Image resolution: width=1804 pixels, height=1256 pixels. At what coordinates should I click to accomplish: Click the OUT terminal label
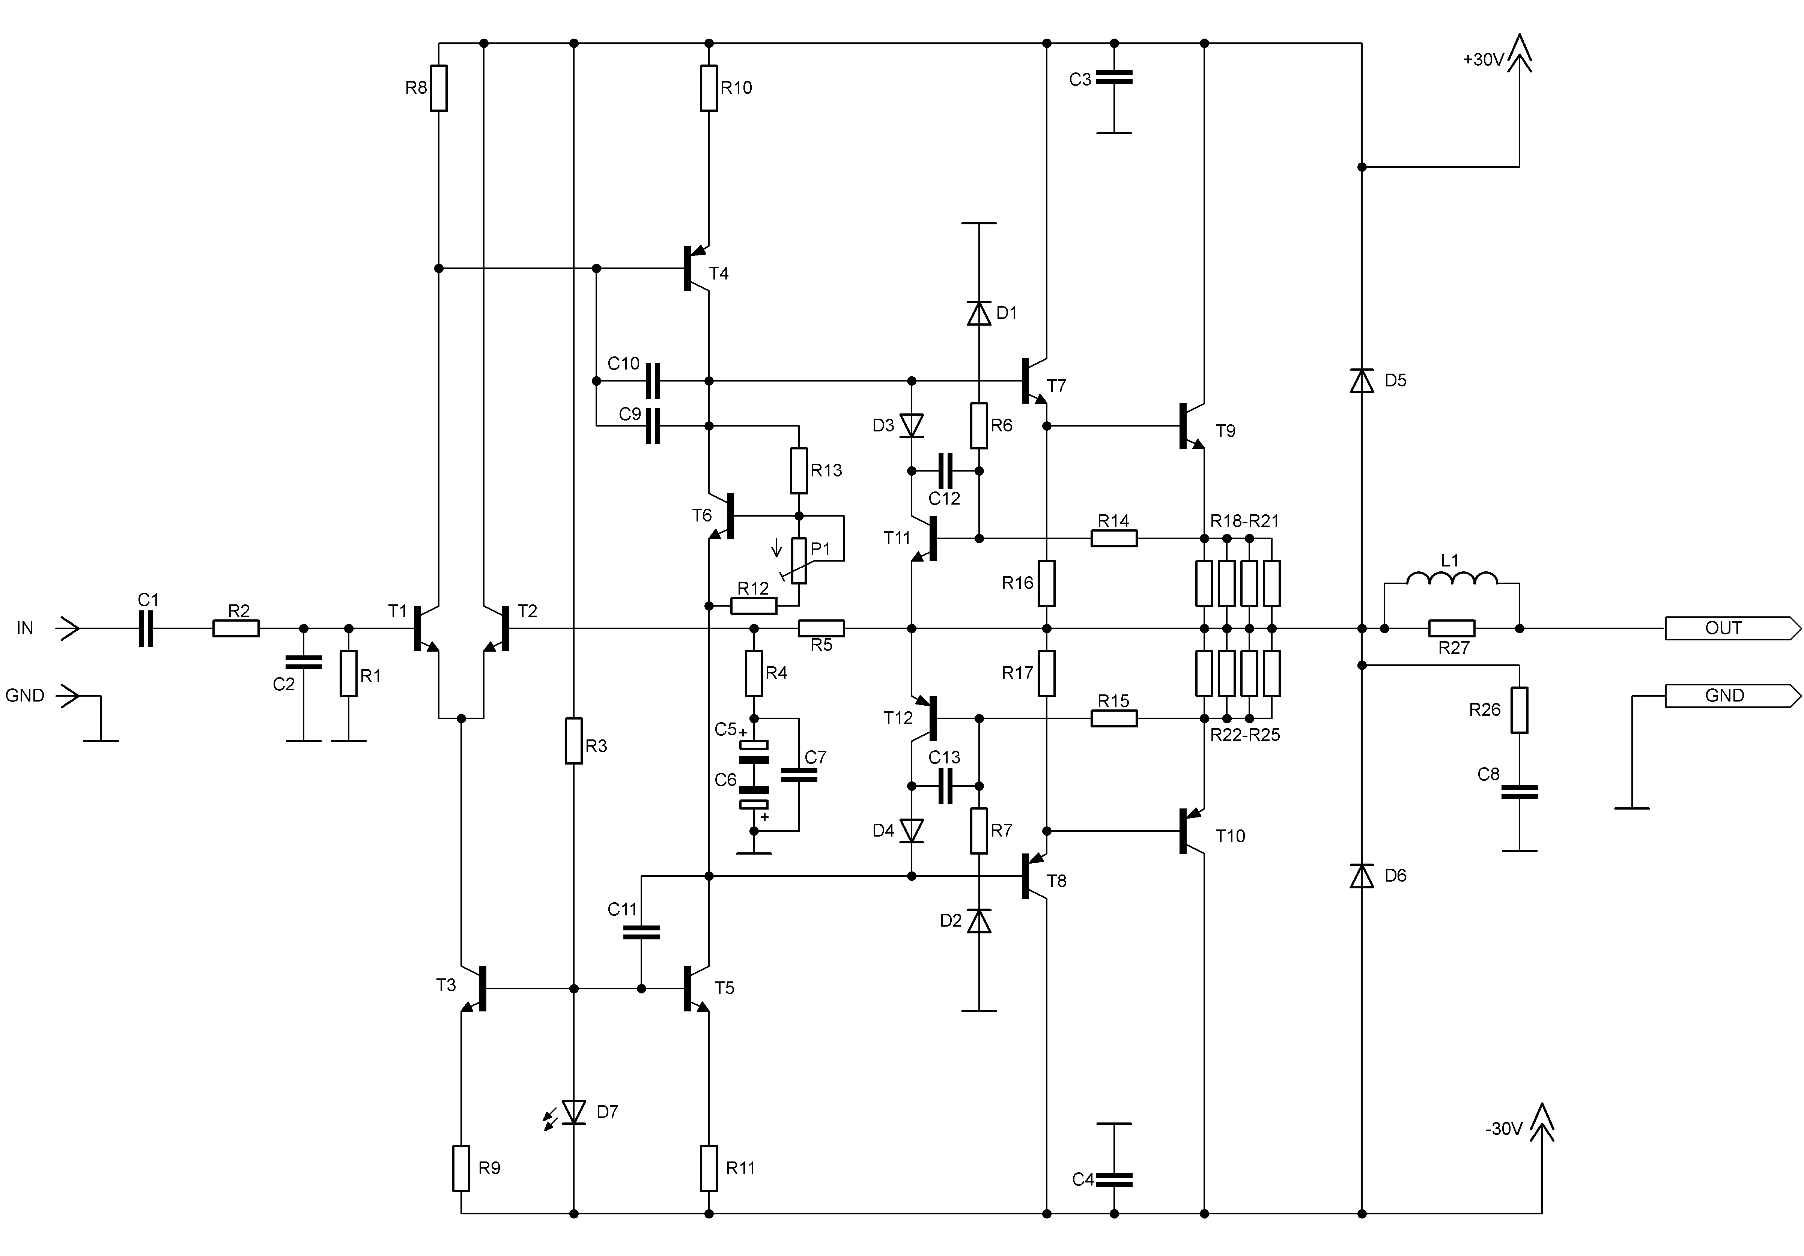(x=1723, y=628)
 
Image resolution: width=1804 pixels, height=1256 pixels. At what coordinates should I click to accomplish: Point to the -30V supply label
(x=1504, y=1129)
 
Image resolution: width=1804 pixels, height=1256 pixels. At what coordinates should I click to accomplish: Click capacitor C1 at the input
(x=146, y=628)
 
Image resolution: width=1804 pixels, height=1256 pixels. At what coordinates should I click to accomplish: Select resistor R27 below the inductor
(x=1452, y=628)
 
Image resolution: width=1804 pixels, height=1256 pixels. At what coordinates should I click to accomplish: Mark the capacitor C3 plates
(x=1114, y=77)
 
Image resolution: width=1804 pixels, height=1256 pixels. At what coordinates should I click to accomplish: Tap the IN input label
(x=25, y=628)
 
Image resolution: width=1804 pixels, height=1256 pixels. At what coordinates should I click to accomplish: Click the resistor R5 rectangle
(x=821, y=628)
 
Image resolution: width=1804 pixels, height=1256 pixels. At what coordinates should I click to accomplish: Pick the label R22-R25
(x=1244, y=735)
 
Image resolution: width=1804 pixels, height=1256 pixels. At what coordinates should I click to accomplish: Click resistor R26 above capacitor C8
(x=1520, y=710)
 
